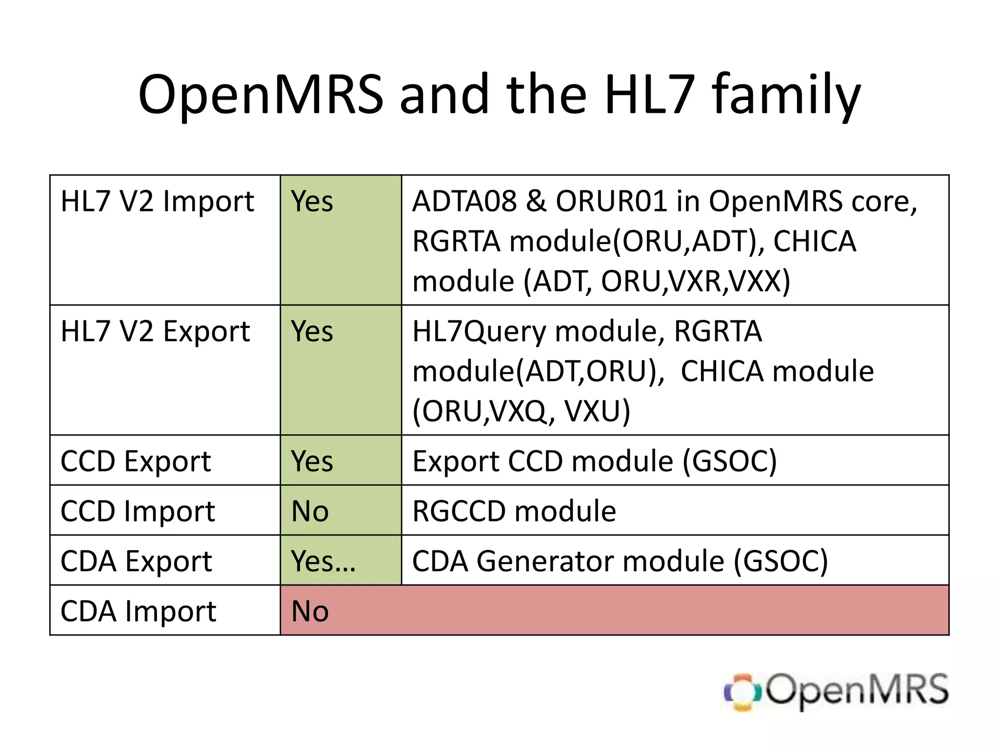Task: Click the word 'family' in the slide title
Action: click(786, 95)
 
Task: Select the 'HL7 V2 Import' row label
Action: click(157, 201)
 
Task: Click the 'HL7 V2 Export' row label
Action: click(155, 332)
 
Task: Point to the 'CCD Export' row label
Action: click(136, 461)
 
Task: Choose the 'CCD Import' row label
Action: click(138, 511)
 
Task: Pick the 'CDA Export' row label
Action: click(136, 561)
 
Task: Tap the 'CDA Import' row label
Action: click(138, 611)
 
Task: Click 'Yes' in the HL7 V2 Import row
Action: click(312, 201)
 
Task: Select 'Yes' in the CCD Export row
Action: click(312, 461)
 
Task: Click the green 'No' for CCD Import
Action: click(310, 511)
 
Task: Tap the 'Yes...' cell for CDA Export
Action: click(323, 561)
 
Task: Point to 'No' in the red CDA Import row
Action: click(310, 611)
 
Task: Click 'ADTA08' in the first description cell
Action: click(464, 201)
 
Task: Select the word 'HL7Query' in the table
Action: click(479, 332)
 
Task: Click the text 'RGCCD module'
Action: click(514, 511)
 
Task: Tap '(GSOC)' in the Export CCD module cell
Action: click(729, 461)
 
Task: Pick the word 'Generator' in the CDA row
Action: click(600, 561)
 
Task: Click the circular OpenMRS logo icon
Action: click(742, 692)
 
